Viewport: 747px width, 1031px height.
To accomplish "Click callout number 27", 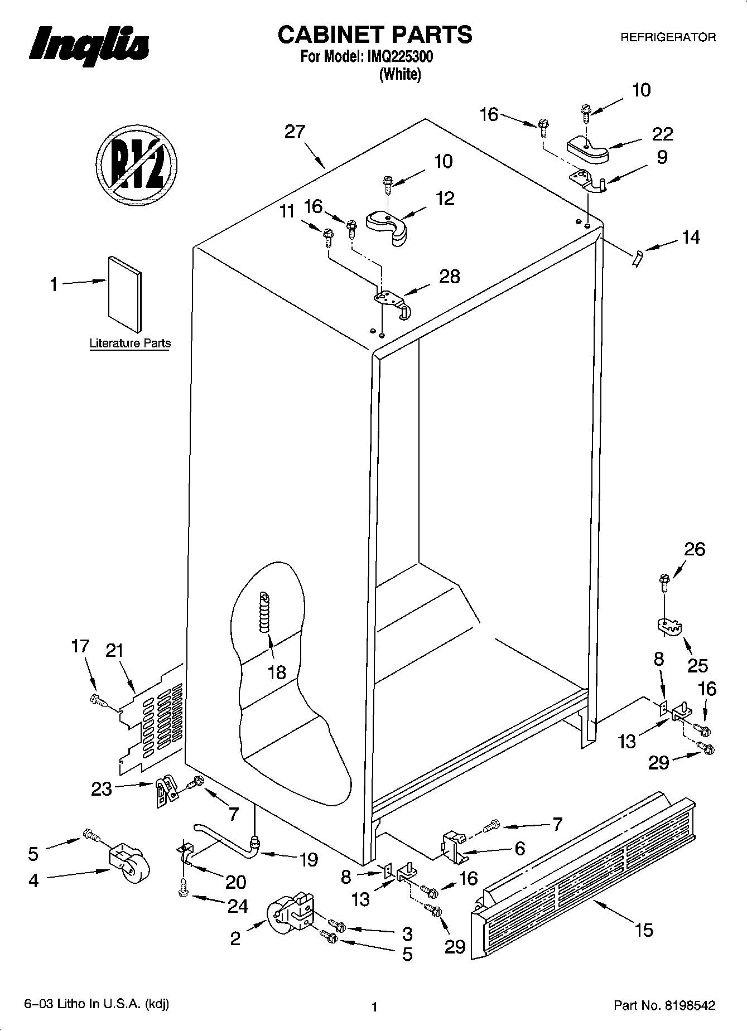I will (x=295, y=132).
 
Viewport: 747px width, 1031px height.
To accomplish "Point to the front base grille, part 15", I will (x=583, y=870).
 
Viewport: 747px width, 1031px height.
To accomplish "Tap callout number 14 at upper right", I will (x=690, y=238).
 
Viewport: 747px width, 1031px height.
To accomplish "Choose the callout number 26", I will (x=695, y=549).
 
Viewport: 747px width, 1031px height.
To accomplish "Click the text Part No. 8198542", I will (x=664, y=1006).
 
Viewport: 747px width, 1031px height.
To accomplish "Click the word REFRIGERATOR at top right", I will (x=668, y=38).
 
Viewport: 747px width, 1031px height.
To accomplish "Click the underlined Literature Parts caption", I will (x=130, y=343).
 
